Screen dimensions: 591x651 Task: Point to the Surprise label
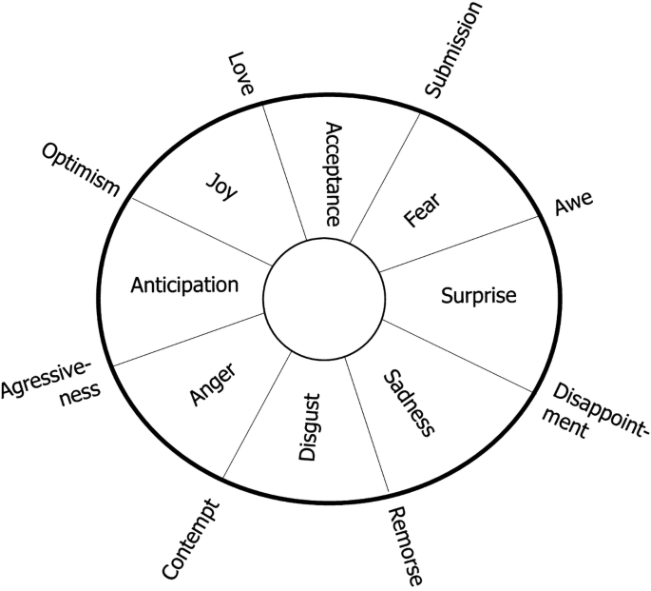click(478, 296)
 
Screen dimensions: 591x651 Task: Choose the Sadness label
click(407, 404)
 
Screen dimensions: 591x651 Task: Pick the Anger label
click(213, 384)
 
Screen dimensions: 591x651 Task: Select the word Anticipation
click(184, 285)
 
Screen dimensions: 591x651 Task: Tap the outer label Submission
click(454, 49)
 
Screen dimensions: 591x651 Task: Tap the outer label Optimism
click(80, 170)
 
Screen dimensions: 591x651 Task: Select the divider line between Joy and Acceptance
click(283, 169)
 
